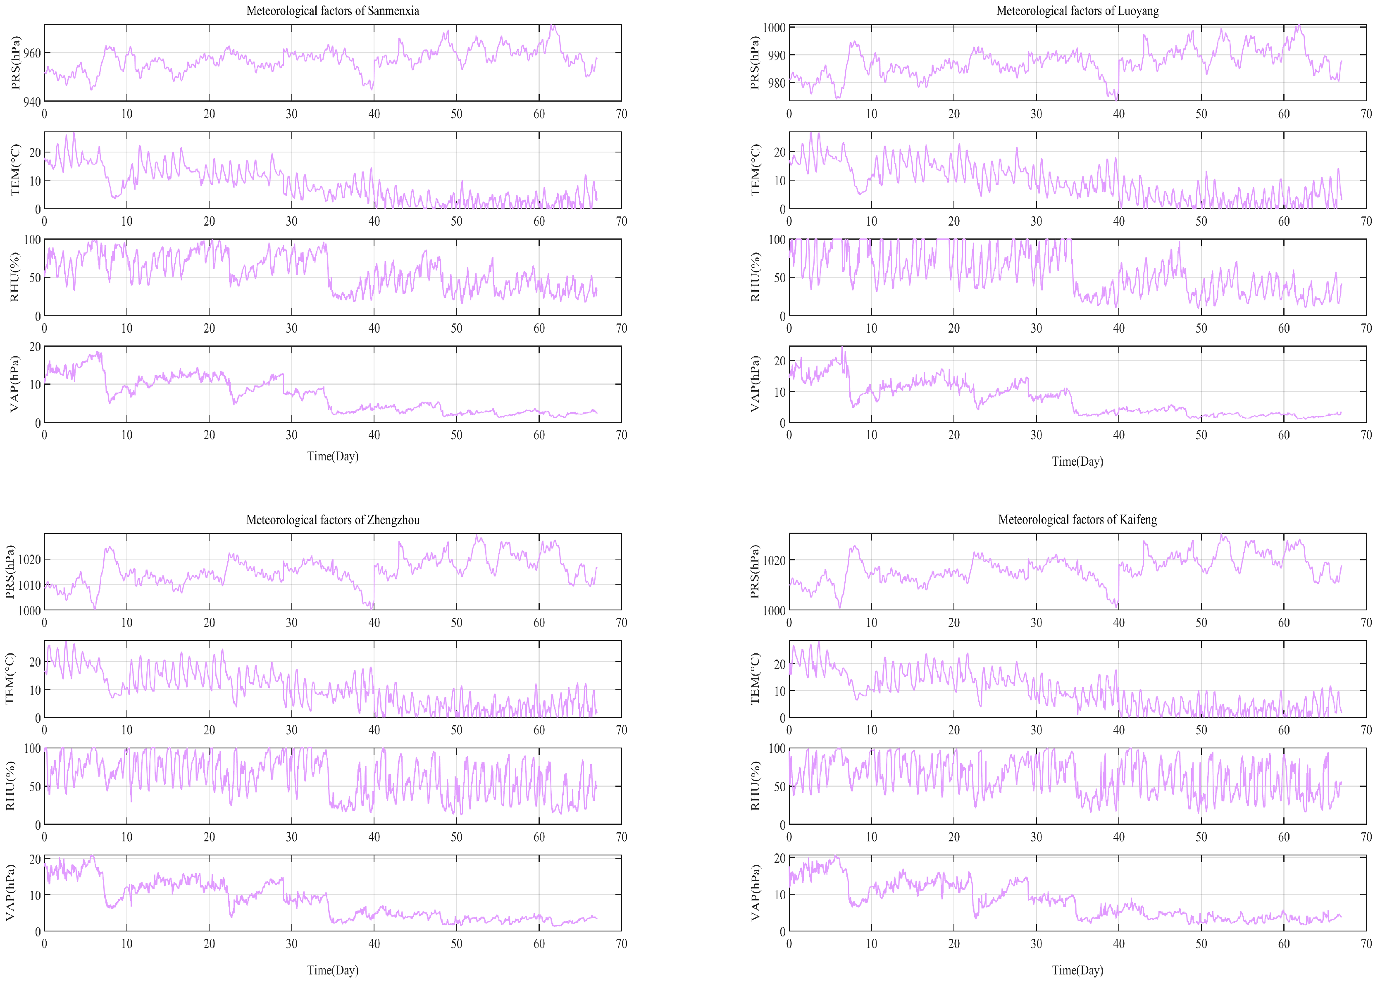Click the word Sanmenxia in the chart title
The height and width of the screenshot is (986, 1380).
[x=393, y=11]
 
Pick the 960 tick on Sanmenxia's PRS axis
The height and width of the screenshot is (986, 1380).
[x=32, y=53]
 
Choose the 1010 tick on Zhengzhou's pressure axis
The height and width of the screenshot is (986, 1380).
[x=29, y=585]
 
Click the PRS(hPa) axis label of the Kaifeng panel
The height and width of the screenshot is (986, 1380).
[x=755, y=572]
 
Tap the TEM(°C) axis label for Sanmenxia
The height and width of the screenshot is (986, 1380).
[x=15, y=170]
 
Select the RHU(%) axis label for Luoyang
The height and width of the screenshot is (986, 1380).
[x=755, y=277]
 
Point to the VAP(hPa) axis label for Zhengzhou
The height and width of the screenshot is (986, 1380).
[x=10, y=893]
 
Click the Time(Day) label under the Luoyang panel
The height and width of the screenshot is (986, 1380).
[x=1077, y=462]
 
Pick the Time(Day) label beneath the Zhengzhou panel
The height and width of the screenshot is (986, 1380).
[x=333, y=970]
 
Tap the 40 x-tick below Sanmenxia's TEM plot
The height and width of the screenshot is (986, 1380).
[x=374, y=221]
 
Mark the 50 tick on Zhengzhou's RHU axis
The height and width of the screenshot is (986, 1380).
[x=35, y=786]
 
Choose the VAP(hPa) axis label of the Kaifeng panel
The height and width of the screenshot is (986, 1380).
[x=755, y=893]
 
